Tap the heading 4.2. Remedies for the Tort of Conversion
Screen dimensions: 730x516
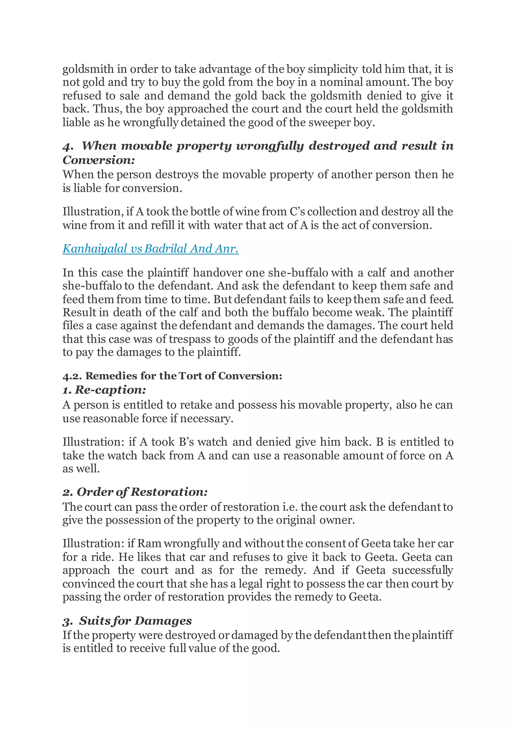[x=172, y=376]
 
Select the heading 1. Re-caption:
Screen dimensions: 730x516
[x=104, y=390]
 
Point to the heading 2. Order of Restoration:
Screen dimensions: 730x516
[x=135, y=492]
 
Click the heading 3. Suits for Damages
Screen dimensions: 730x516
[x=127, y=621]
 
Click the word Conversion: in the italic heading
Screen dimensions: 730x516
[x=99, y=160]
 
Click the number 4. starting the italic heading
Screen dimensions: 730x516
[x=68, y=146]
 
